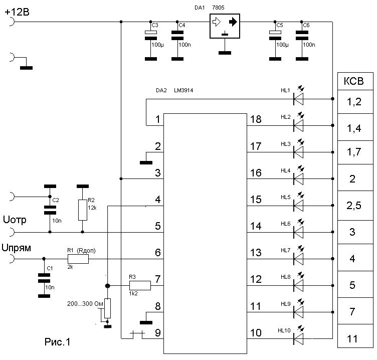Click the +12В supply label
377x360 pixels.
click(17, 12)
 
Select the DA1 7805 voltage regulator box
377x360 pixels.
click(225, 26)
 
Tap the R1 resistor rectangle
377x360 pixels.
click(78, 259)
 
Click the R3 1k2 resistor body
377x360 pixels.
click(140, 285)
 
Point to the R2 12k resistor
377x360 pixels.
click(82, 210)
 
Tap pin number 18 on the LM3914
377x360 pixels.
click(256, 119)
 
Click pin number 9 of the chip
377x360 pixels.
click(158, 333)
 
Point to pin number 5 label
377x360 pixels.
click(158, 226)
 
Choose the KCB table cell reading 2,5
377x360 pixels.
click(355, 206)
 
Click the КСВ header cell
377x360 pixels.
click(355, 81)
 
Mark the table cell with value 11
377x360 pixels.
click(355, 336)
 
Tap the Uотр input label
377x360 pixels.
click(15, 220)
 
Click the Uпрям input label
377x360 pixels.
click(17, 248)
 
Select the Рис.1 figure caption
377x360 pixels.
click(58, 342)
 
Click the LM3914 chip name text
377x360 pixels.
click(183, 90)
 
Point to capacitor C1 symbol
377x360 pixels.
click(44, 278)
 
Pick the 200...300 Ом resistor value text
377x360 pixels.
click(85, 304)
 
